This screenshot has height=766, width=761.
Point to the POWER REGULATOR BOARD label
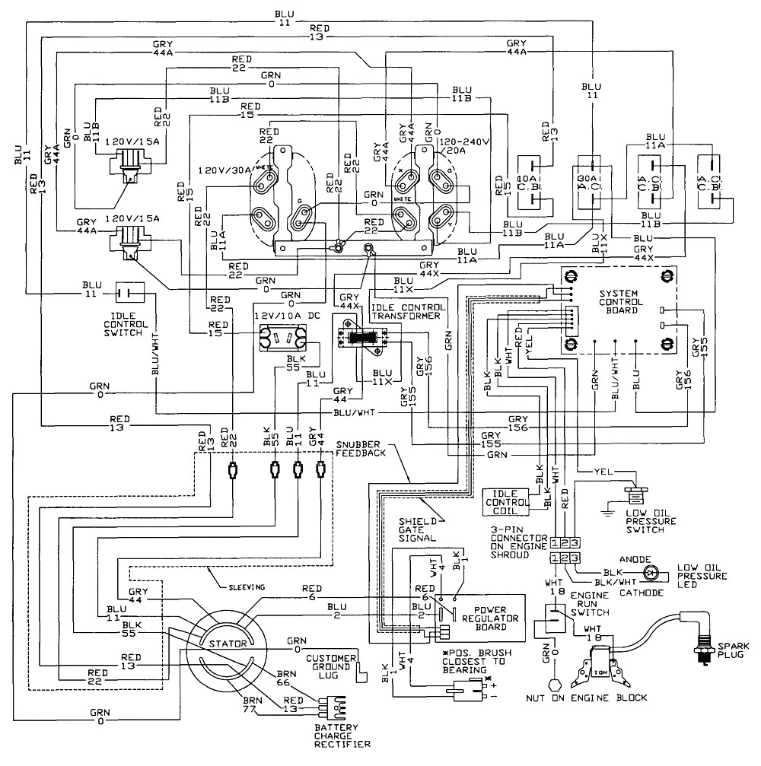pyautogui.click(x=496, y=618)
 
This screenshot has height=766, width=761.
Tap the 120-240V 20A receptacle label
pyautogui.click(x=465, y=146)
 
